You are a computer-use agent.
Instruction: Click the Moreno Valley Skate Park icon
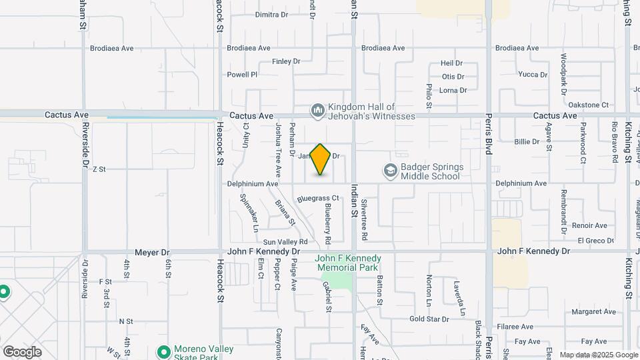[x=163, y=351]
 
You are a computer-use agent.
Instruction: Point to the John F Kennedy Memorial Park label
[x=348, y=263]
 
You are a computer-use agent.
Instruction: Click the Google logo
[x=22, y=351]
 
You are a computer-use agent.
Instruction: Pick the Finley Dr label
[x=287, y=61]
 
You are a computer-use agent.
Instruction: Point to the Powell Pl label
[x=242, y=75]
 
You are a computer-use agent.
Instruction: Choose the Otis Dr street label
[x=453, y=77]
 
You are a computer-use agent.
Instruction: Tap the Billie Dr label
[x=527, y=141]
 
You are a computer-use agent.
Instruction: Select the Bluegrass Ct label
[x=319, y=199]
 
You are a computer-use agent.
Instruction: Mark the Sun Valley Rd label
[x=285, y=241]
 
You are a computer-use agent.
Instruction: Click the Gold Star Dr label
[x=429, y=319]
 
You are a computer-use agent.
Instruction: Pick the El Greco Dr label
[x=596, y=240]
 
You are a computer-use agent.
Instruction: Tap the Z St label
[x=99, y=169]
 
